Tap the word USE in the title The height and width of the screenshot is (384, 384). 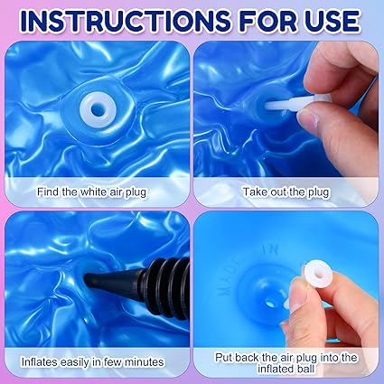[x=331, y=21]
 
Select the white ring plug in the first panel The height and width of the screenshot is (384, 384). [x=98, y=110]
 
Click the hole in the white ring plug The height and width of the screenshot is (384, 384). [x=98, y=110]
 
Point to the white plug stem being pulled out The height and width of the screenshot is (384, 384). [x=283, y=105]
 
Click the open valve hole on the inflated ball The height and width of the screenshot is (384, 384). [x=270, y=304]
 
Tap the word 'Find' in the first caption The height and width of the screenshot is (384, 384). [x=48, y=192]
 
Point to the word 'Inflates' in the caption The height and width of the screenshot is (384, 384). [x=40, y=361]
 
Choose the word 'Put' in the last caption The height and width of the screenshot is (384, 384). [x=224, y=358]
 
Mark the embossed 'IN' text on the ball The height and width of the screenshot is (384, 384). [x=270, y=250]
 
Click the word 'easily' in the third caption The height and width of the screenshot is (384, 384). [x=76, y=362]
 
